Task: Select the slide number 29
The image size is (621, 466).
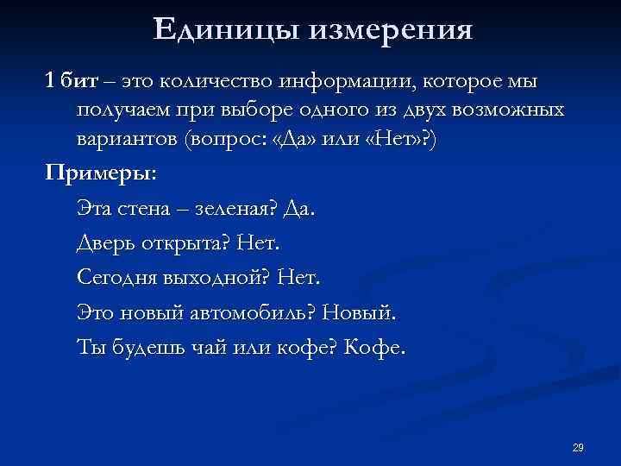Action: pyautogui.click(x=578, y=447)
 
